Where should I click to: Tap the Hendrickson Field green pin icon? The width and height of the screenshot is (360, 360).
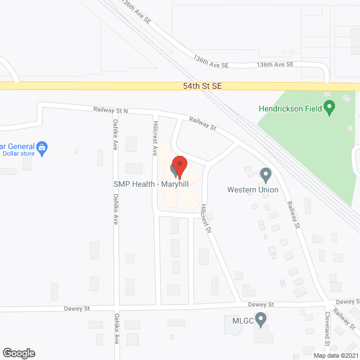click(330, 106)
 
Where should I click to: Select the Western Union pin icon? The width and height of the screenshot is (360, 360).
click(265, 175)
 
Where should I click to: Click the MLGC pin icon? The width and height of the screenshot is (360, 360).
click(260, 320)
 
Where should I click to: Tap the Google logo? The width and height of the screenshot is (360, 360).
click(18, 353)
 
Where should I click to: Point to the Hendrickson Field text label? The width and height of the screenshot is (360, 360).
click(289, 107)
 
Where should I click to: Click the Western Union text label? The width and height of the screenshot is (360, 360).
click(253, 190)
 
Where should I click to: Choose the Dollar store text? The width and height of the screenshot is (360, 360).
click(19, 154)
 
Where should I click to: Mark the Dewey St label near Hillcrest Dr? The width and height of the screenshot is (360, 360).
click(260, 304)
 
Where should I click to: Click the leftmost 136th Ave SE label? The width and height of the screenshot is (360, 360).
click(134, 13)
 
